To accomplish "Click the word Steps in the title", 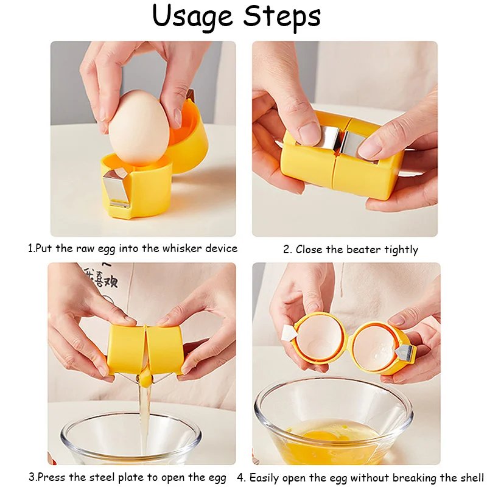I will click(x=281, y=18).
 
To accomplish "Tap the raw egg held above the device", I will click(x=139, y=128).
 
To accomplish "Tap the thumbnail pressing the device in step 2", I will click(x=310, y=133).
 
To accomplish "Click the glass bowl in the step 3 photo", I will click(x=131, y=438).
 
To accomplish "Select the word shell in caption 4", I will click(x=470, y=477).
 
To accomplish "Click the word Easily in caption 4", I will click(x=266, y=477).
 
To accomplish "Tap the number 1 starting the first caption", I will click(x=30, y=248).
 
